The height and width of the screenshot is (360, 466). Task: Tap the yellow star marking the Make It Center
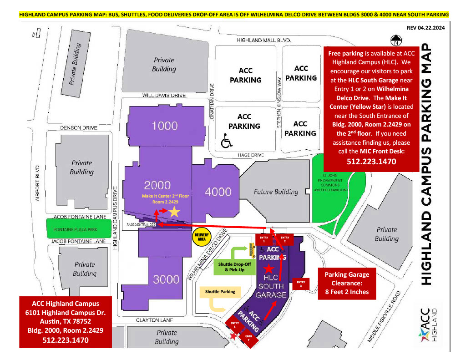pyautogui.click(x=174, y=212)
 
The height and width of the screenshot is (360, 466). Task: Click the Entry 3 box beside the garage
pyautogui.click(x=301, y=284)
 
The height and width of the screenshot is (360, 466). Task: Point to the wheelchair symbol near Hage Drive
pyautogui.click(x=226, y=142)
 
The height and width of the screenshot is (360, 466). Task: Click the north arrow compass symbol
pyautogui.click(x=397, y=41)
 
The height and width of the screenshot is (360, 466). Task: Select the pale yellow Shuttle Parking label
pyautogui.click(x=220, y=291)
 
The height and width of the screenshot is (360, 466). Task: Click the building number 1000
pyautogui.click(x=164, y=126)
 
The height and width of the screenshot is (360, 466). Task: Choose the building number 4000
pyautogui.click(x=218, y=192)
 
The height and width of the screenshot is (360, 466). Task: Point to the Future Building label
pyautogui.click(x=276, y=192)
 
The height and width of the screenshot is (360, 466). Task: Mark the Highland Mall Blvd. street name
pyautogui.click(x=263, y=41)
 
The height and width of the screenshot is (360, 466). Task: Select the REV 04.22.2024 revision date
pyautogui.click(x=425, y=28)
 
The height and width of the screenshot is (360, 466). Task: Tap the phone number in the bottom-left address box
pyautogui.click(x=66, y=340)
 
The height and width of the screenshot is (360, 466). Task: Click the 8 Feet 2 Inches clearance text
pyautogui.click(x=347, y=292)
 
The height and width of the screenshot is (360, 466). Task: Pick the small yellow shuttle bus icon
pyautogui.click(x=250, y=249)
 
